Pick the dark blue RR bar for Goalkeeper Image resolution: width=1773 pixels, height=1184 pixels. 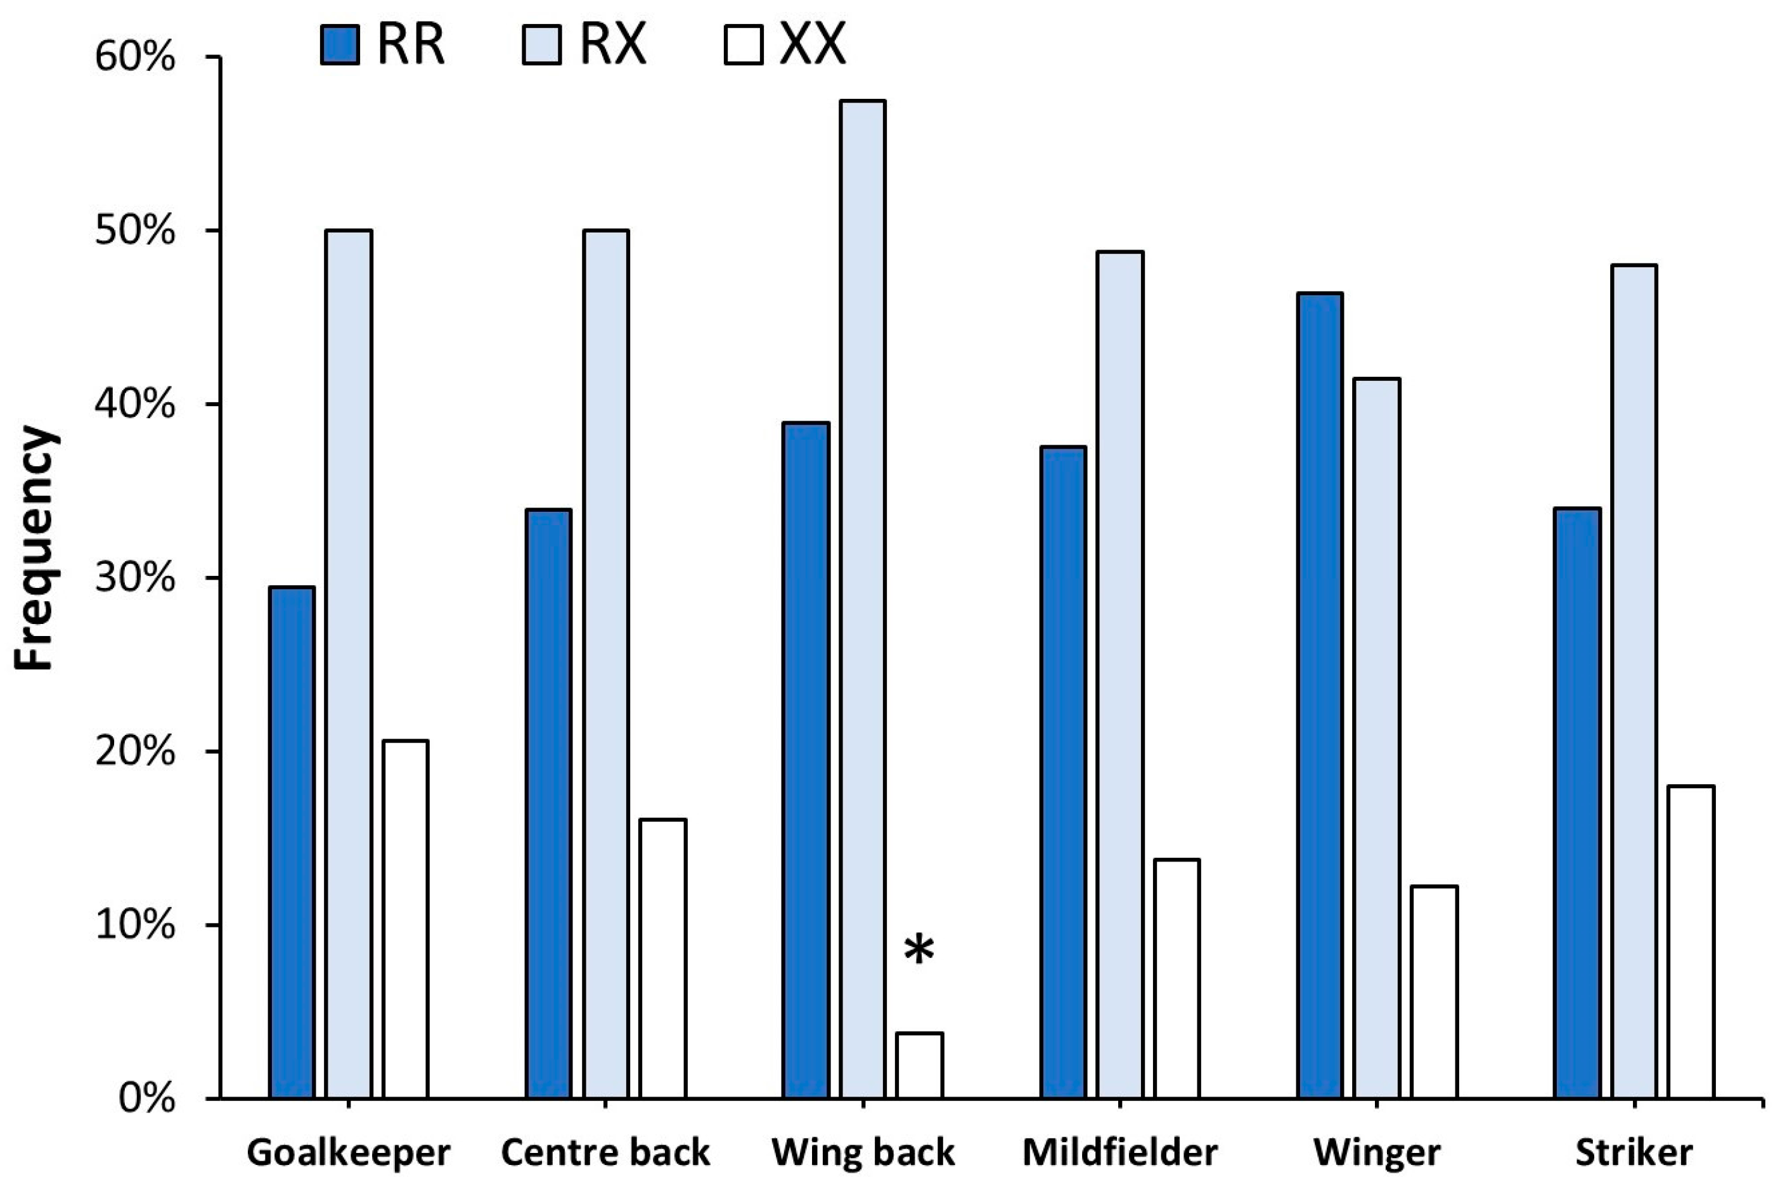click(292, 842)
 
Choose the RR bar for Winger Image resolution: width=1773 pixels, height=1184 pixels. click(1320, 695)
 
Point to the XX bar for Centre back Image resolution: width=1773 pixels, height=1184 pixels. click(662, 958)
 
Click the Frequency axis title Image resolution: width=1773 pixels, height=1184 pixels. click(35, 548)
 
